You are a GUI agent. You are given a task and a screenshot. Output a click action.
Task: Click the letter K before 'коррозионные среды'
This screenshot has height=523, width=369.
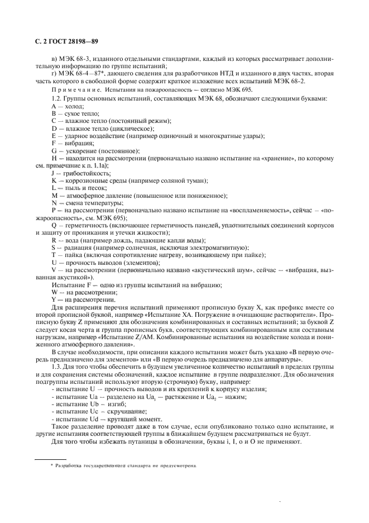54,180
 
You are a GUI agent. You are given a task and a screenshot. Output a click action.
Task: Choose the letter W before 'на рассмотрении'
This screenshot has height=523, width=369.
54,293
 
